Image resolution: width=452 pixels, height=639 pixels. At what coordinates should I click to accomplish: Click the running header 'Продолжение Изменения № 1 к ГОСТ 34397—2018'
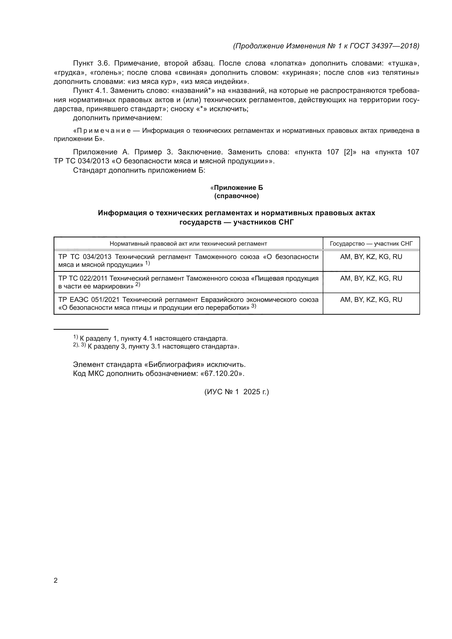point(326,46)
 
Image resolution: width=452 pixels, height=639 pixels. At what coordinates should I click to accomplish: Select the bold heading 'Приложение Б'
point(238,188)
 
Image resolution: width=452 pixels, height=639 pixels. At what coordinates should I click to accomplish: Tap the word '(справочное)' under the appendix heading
point(237,196)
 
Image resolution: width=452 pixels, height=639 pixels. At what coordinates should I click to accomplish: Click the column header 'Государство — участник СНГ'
point(371,244)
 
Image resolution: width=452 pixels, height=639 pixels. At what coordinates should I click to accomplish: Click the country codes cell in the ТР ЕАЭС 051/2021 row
point(371,300)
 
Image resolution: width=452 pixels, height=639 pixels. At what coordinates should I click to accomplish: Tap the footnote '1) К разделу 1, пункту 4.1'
point(150,338)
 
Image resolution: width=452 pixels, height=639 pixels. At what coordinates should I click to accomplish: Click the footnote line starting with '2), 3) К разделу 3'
point(156,346)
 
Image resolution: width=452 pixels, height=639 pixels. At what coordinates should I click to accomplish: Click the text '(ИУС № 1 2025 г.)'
point(237,392)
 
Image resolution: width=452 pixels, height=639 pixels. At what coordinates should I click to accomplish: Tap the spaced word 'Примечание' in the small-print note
point(102,131)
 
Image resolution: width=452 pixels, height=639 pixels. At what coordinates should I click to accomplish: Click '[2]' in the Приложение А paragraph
point(348,152)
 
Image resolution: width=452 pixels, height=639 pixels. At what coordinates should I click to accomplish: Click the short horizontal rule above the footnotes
point(81,329)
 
